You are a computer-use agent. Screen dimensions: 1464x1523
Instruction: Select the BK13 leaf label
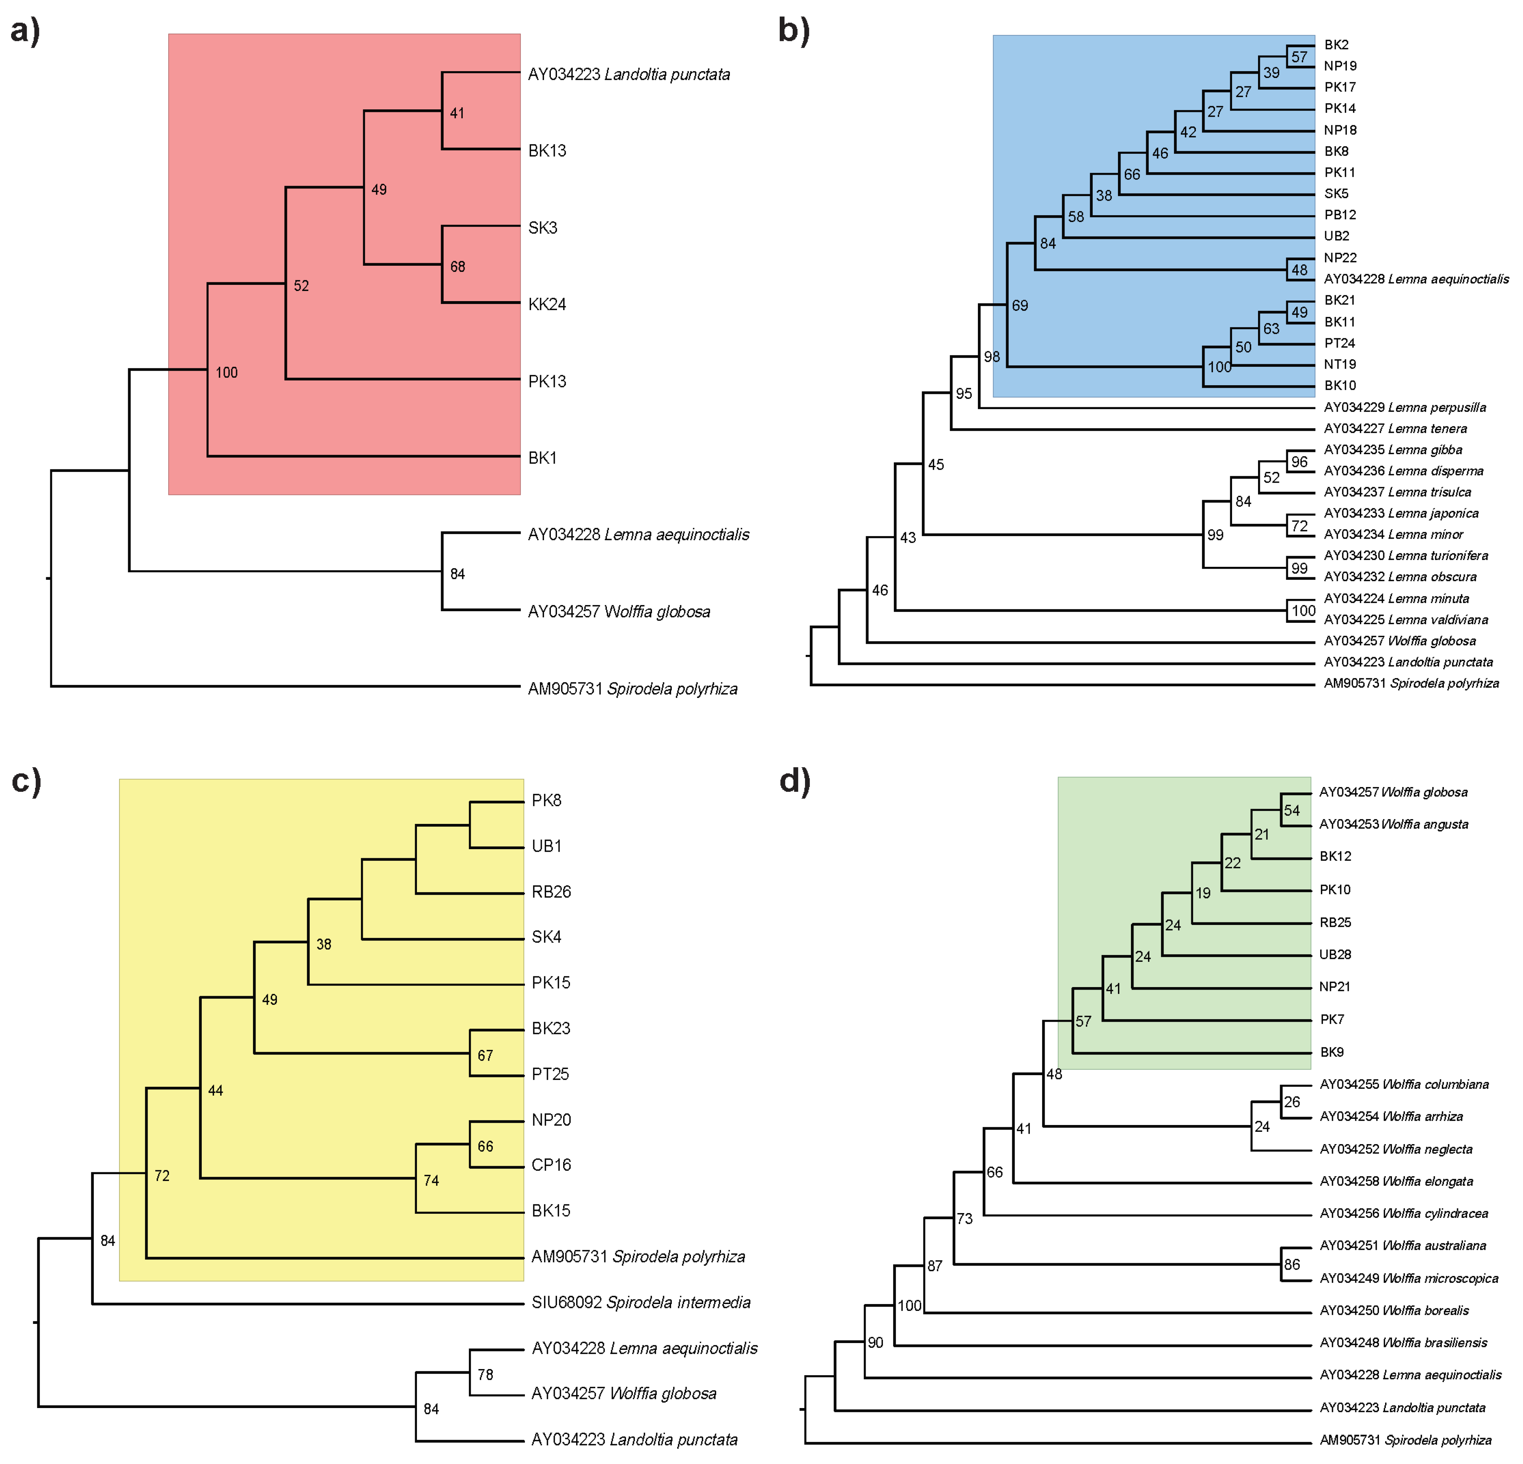coord(547,151)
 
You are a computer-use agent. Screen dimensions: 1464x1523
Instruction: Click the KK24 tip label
coord(547,304)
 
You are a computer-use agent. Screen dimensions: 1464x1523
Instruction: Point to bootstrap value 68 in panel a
coord(458,266)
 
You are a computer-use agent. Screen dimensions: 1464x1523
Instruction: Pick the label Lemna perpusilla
coord(1405,407)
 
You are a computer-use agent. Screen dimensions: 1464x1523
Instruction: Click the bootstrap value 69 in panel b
coord(1019,305)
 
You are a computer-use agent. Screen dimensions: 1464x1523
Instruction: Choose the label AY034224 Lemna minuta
coord(1396,598)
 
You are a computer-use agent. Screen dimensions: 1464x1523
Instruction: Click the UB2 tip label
coord(1336,235)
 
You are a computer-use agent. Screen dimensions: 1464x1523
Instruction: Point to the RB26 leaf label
coord(551,891)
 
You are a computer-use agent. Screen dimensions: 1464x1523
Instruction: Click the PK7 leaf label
coord(1332,1019)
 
